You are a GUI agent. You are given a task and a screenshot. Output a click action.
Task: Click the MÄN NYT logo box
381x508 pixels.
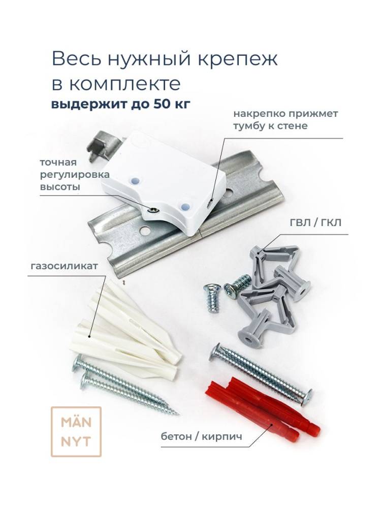click(x=76, y=431)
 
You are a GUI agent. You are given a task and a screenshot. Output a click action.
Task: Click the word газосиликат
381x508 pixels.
click(x=64, y=266)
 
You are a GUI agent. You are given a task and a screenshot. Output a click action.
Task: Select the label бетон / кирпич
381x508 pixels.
click(x=202, y=436)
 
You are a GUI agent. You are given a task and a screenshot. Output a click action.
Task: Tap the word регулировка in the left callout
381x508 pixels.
click(x=75, y=175)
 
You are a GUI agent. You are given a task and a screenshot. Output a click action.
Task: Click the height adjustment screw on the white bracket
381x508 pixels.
click(x=152, y=211)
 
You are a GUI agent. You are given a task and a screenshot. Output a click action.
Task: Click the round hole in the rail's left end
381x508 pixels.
click(x=145, y=231)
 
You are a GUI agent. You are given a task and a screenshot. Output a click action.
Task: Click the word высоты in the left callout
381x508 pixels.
click(x=60, y=187)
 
